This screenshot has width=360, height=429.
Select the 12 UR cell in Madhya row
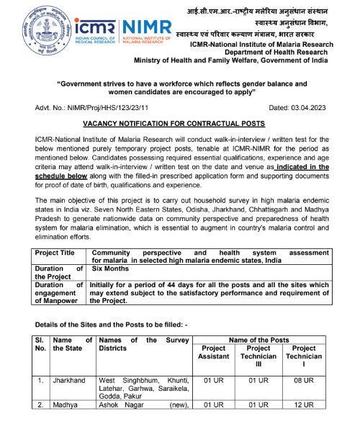coord(303,405)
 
